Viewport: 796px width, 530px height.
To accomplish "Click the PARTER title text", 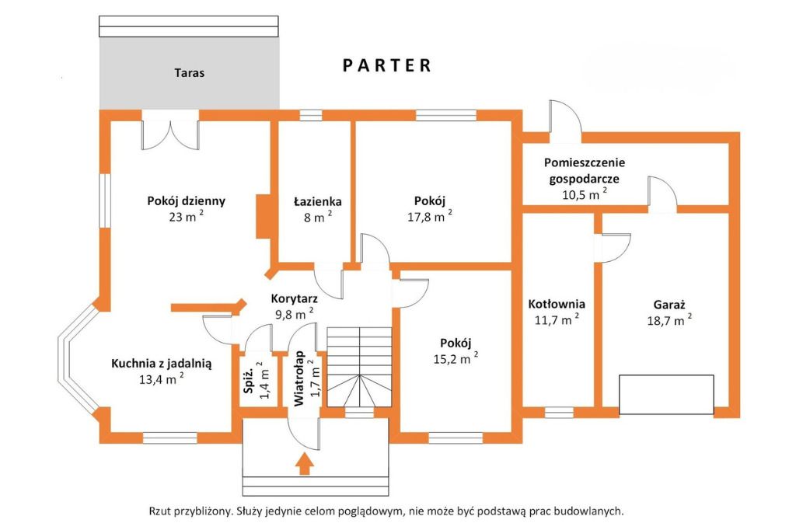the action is pyautogui.click(x=387, y=65).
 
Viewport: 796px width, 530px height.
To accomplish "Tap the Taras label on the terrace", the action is pyautogui.click(x=190, y=72).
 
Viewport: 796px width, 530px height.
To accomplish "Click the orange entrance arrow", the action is pyautogui.click(x=304, y=464).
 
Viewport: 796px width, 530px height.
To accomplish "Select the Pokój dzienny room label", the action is pyautogui.click(x=187, y=200).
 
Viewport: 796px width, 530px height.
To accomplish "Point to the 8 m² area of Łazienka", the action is pyautogui.click(x=318, y=218).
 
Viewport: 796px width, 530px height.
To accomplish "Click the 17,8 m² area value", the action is pyautogui.click(x=429, y=217).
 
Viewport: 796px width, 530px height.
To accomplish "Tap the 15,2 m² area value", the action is pyautogui.click(x=456, y=358).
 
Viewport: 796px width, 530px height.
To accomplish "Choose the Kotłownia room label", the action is pyautogui.click(x=557, y=304).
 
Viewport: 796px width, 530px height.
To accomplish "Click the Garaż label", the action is pyautogui.click(x=669, y=305).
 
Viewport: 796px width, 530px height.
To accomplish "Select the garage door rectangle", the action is pyautogui.click(x=666, y=396).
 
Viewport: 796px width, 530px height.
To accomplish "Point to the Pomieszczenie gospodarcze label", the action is pyautogui.click(x=585, y=170).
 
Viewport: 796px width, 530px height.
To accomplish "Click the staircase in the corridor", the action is pyautogui.click(x=359, y=367).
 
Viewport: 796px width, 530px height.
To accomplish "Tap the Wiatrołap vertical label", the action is pyautogui.click(x=299, y=378).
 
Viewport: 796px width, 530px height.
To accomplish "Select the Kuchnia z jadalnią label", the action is pyautogui.click(x=162, y=364).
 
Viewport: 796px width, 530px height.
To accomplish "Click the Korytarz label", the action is pyautogui.click(x=295, y=298).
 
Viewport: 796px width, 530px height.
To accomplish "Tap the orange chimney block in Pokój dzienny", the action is pyautogui.click(x=264, y=216).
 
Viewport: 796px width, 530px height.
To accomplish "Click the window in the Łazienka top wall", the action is pyautogui.click(x=311, y=115).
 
